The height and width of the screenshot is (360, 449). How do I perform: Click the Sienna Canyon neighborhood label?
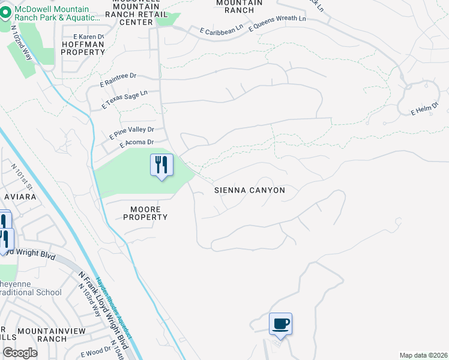click(250, 190)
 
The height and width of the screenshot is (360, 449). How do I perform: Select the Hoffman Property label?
click(83, 48)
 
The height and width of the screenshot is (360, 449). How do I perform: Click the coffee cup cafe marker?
click(280, 325)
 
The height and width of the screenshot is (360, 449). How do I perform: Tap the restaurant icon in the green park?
click(161, 165)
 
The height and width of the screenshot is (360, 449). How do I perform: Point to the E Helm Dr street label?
click(425, 109)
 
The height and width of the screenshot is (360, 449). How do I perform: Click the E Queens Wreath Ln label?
click(276, 23)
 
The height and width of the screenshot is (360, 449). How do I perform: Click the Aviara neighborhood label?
click(21, 197)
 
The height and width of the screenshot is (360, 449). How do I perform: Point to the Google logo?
click(20, 353)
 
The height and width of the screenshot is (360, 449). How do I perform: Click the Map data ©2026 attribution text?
click(423, 355)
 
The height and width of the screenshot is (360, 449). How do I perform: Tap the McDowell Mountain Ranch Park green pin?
click(6, 11)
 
